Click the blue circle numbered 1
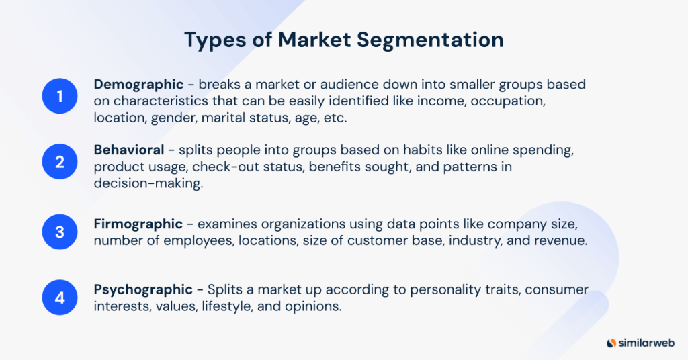(60, 97)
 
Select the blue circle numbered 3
(60, 231)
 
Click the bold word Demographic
(138, 85)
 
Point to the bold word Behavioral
(129, 150)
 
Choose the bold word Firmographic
(138, 224)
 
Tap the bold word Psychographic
(143, 290)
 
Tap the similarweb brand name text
(647, 342)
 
